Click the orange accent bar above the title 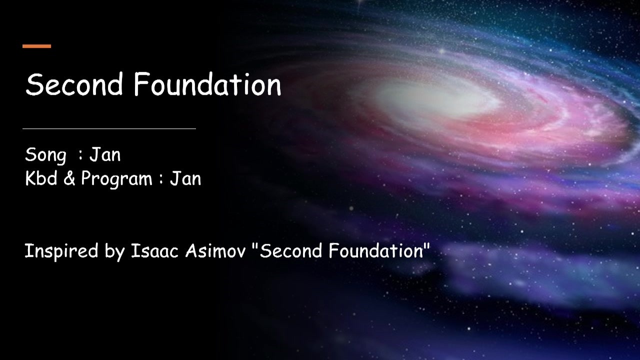pyautogui.click(x=37, y=46)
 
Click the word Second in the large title pyautogui.click(x=74, y=84)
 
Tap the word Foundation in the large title pyautogui.click(x=207, y=84)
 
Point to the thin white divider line pyautogui.click(x=109, y=129)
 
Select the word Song pyautogui.click(x=45, y=155)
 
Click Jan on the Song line pyautogui.click(x=105, y=154)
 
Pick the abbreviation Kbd pyautogui.click(x=41, y=178)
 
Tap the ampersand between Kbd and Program pyautogui.click(x=69, y=178)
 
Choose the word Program pyautogui.click(x=117, y=179)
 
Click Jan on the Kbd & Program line pyautogui.click(x=185, y=178)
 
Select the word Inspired pyautogui.click(x=61, y=251)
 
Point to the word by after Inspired pyautogui.click(x=115, y=252)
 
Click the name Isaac pyautogui.click(x=155, y=251)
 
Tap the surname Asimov pyautogui.click(x=215, y=251)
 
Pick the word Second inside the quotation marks pyautogui.click(x=291, y=251)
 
